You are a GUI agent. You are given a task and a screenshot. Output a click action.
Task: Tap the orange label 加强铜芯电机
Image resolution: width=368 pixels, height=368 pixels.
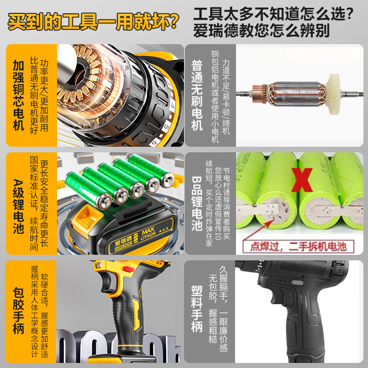point(18,95)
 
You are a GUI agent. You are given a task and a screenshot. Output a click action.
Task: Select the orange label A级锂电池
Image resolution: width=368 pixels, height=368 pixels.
point(18,202)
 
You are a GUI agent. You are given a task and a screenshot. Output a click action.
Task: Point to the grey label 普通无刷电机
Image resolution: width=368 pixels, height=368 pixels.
point(196,95)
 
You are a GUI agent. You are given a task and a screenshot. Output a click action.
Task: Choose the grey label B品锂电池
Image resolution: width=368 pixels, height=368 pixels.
point(196,202)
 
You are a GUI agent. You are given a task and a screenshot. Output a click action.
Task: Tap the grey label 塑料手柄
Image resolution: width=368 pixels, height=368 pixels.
point(196,309)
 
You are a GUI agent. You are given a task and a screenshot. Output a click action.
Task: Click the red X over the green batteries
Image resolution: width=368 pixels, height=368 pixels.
point(301,179)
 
